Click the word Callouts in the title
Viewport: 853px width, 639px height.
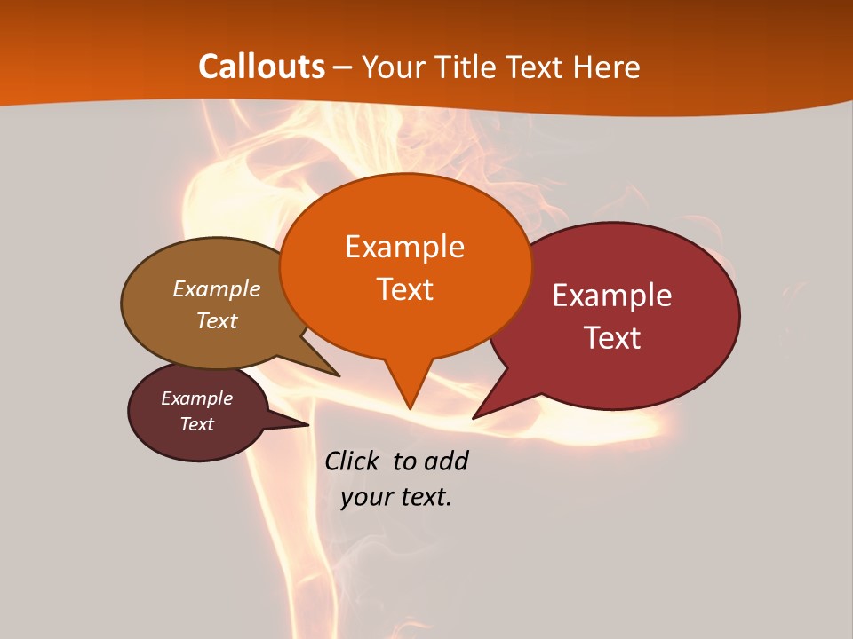[261, 67]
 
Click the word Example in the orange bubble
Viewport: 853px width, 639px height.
[404, 247]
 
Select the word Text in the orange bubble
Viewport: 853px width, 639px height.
[404, 289]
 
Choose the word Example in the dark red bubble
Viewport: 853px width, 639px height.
[612, 296]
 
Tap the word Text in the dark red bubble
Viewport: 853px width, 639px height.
[613, 338]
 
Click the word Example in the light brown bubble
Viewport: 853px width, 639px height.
[216, 288]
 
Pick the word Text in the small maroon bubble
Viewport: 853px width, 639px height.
[197, 424]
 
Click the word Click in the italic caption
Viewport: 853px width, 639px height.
[353, 461]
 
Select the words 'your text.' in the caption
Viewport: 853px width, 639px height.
[396, 497]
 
